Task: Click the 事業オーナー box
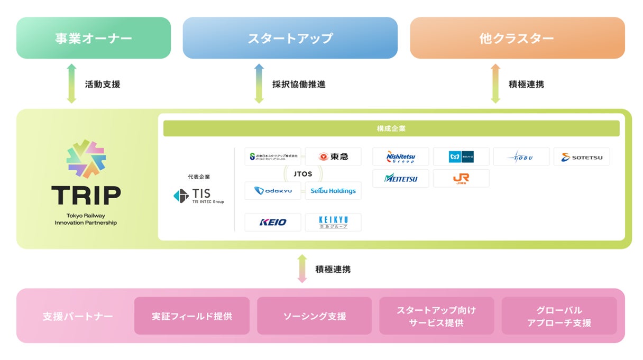(x=94, y=38)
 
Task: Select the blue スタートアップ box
(x=290, y=38)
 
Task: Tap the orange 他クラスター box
(x=517, y=38)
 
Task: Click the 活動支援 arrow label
(x=103, y=84)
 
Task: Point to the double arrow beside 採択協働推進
(x=259, y=84)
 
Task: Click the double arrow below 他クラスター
(x=495, y=84)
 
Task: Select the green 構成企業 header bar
(x=391, y=128)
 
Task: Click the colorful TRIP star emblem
(x=86, y=159)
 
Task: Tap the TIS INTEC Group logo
(x=199, y=196)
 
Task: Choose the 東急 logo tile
(x=333, y=156)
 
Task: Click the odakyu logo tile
(x=273, y=191)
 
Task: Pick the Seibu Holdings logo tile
(x=333, y=191)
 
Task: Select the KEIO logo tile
(x=273, y=222)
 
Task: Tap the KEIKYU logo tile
(x=333, y=222)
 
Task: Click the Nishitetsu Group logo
(x=401, y=156)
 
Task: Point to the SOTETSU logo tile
(x=582, y=156)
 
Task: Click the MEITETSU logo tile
(x=401, y=178)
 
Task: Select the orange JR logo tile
(x=461, y=178)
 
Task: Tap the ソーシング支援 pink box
(x=315, y=316)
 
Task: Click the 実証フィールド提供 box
(x=192, y=316)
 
